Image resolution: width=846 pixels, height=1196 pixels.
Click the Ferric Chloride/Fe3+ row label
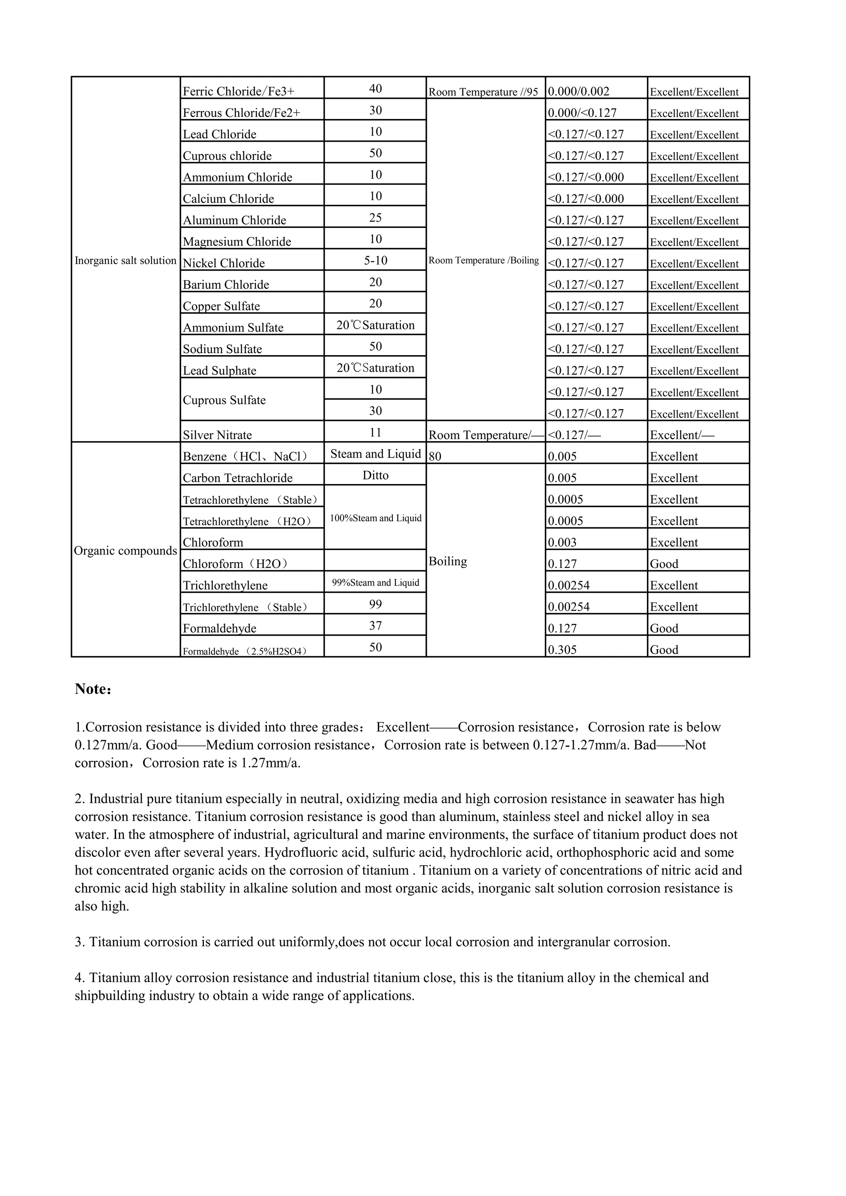239,92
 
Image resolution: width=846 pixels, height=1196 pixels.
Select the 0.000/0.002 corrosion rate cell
578,92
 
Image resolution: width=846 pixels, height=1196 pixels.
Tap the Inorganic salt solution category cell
126,261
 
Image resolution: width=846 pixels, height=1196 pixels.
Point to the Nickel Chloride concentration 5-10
375,261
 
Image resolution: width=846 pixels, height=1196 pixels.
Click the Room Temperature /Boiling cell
483,261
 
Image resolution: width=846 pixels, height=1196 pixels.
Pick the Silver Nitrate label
217,435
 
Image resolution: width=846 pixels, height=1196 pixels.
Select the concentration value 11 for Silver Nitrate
375,432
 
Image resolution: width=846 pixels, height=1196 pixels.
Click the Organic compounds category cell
126,551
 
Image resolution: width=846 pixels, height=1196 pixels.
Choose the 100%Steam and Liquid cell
375,518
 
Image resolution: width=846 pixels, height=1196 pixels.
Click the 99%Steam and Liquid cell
375,582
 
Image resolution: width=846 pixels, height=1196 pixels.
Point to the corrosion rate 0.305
562,650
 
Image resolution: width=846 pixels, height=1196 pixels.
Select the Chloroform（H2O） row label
235,564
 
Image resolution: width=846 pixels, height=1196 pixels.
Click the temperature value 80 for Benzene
435,457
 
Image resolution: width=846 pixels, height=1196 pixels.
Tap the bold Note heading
93,689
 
